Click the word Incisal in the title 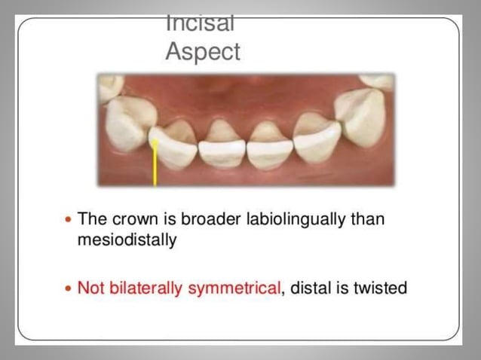click(200, 24)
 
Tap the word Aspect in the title click(203, 52)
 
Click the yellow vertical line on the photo click(155, 166)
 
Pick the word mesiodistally click(128, 242)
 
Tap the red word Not click(92, 287)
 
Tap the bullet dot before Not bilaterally click(69, 288)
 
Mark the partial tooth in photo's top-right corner click(376, 80)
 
